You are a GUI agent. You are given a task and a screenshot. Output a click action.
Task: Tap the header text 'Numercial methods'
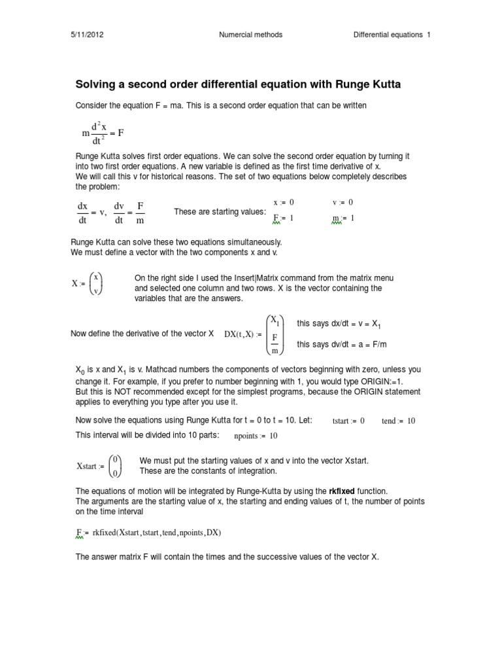pyautogui.click(x=250, y=35)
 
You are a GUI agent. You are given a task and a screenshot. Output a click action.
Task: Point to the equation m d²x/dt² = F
pyautogui.click(x=103, y=133)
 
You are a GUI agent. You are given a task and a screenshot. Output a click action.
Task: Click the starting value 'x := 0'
pyautogui.click(x=283, y=203)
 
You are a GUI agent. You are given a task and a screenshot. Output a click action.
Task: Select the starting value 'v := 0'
pyautogui.click(x=343, y=203)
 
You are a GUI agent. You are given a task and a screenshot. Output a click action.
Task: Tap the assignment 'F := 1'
pyautogui.click(x=282, y=218)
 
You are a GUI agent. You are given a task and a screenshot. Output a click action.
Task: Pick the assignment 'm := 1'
pyautogui.click(x=343, y=218)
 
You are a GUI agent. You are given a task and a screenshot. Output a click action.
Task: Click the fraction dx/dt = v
pyautogui.click(x=91, y=212)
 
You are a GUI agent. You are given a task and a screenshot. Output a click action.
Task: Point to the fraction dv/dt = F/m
pyautogui.click(x=129, y=212)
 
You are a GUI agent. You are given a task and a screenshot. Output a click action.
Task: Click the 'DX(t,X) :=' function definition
pyautogui.click(x=243, y=334)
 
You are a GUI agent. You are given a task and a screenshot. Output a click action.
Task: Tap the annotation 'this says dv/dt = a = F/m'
pyautogui.click(x=344, y=344)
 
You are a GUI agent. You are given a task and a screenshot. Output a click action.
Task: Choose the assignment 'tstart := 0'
pyautogui.click(x=348, y=421)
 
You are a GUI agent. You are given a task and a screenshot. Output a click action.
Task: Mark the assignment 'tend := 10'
pyautogui.click(x=398, y=421)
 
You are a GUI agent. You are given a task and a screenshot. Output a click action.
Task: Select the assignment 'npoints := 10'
pyautogui.click(x=256, y=436)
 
